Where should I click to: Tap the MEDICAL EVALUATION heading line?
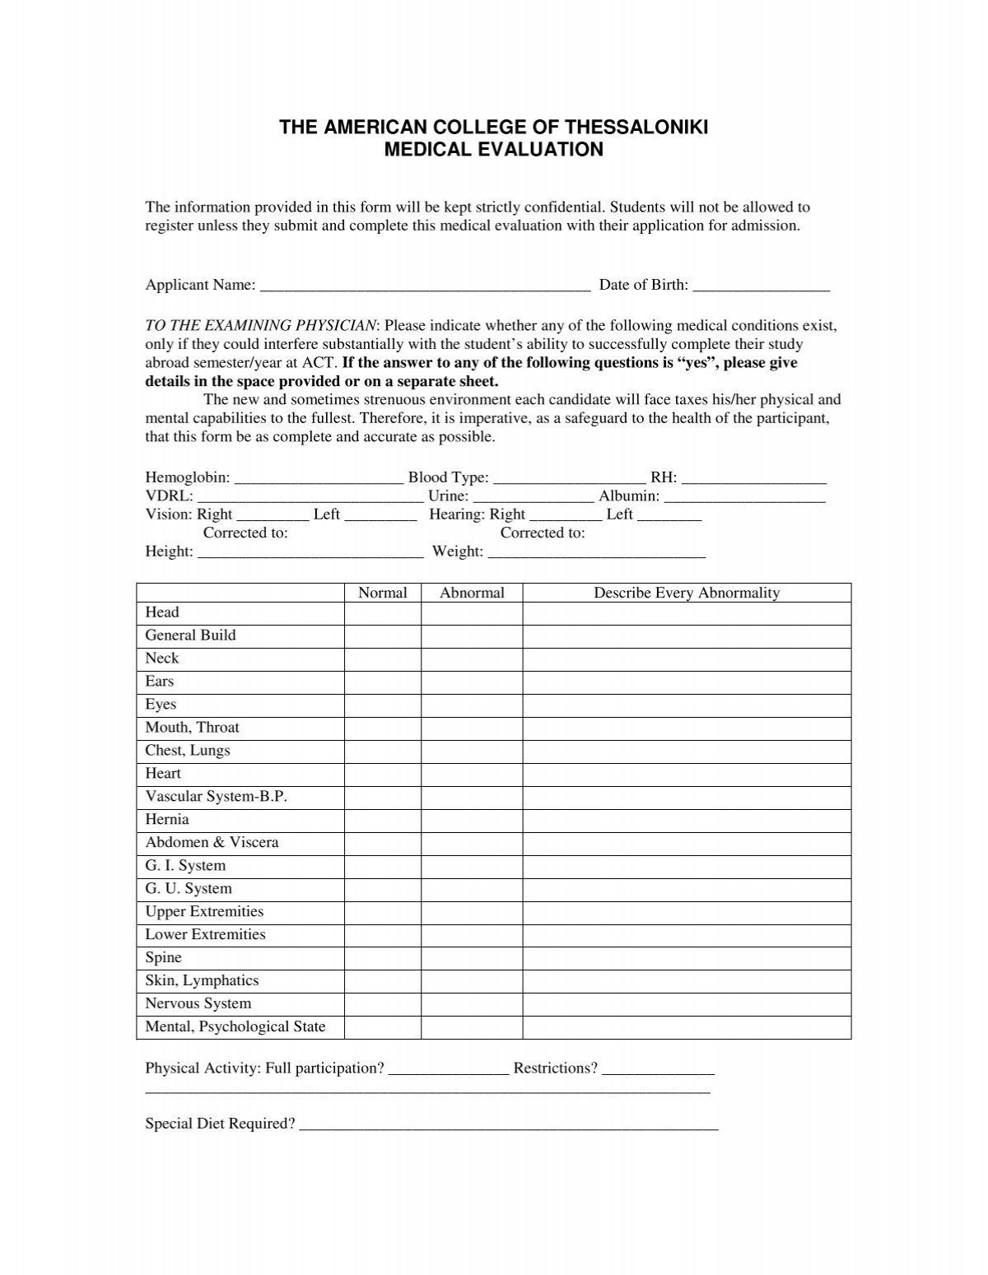[494, 150]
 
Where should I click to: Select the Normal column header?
[383, 593]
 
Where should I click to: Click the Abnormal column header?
[472, 593]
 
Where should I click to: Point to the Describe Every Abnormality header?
[687, 593]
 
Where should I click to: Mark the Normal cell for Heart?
[383, 774]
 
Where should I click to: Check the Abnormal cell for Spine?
[472, 958]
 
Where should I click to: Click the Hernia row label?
[167, 820]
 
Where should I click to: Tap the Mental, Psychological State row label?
[235, 1027]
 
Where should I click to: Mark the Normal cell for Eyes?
[383, 705]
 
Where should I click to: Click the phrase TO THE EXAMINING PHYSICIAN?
[261, 326]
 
